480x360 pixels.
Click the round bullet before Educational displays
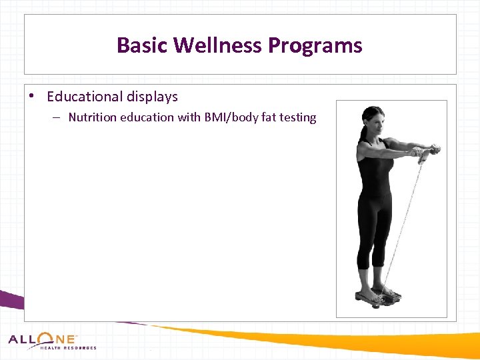coord(32,96)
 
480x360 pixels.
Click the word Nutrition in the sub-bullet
coord(92,117)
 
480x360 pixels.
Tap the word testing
coord(297,117)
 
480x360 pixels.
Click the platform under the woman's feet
coord(378,295)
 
